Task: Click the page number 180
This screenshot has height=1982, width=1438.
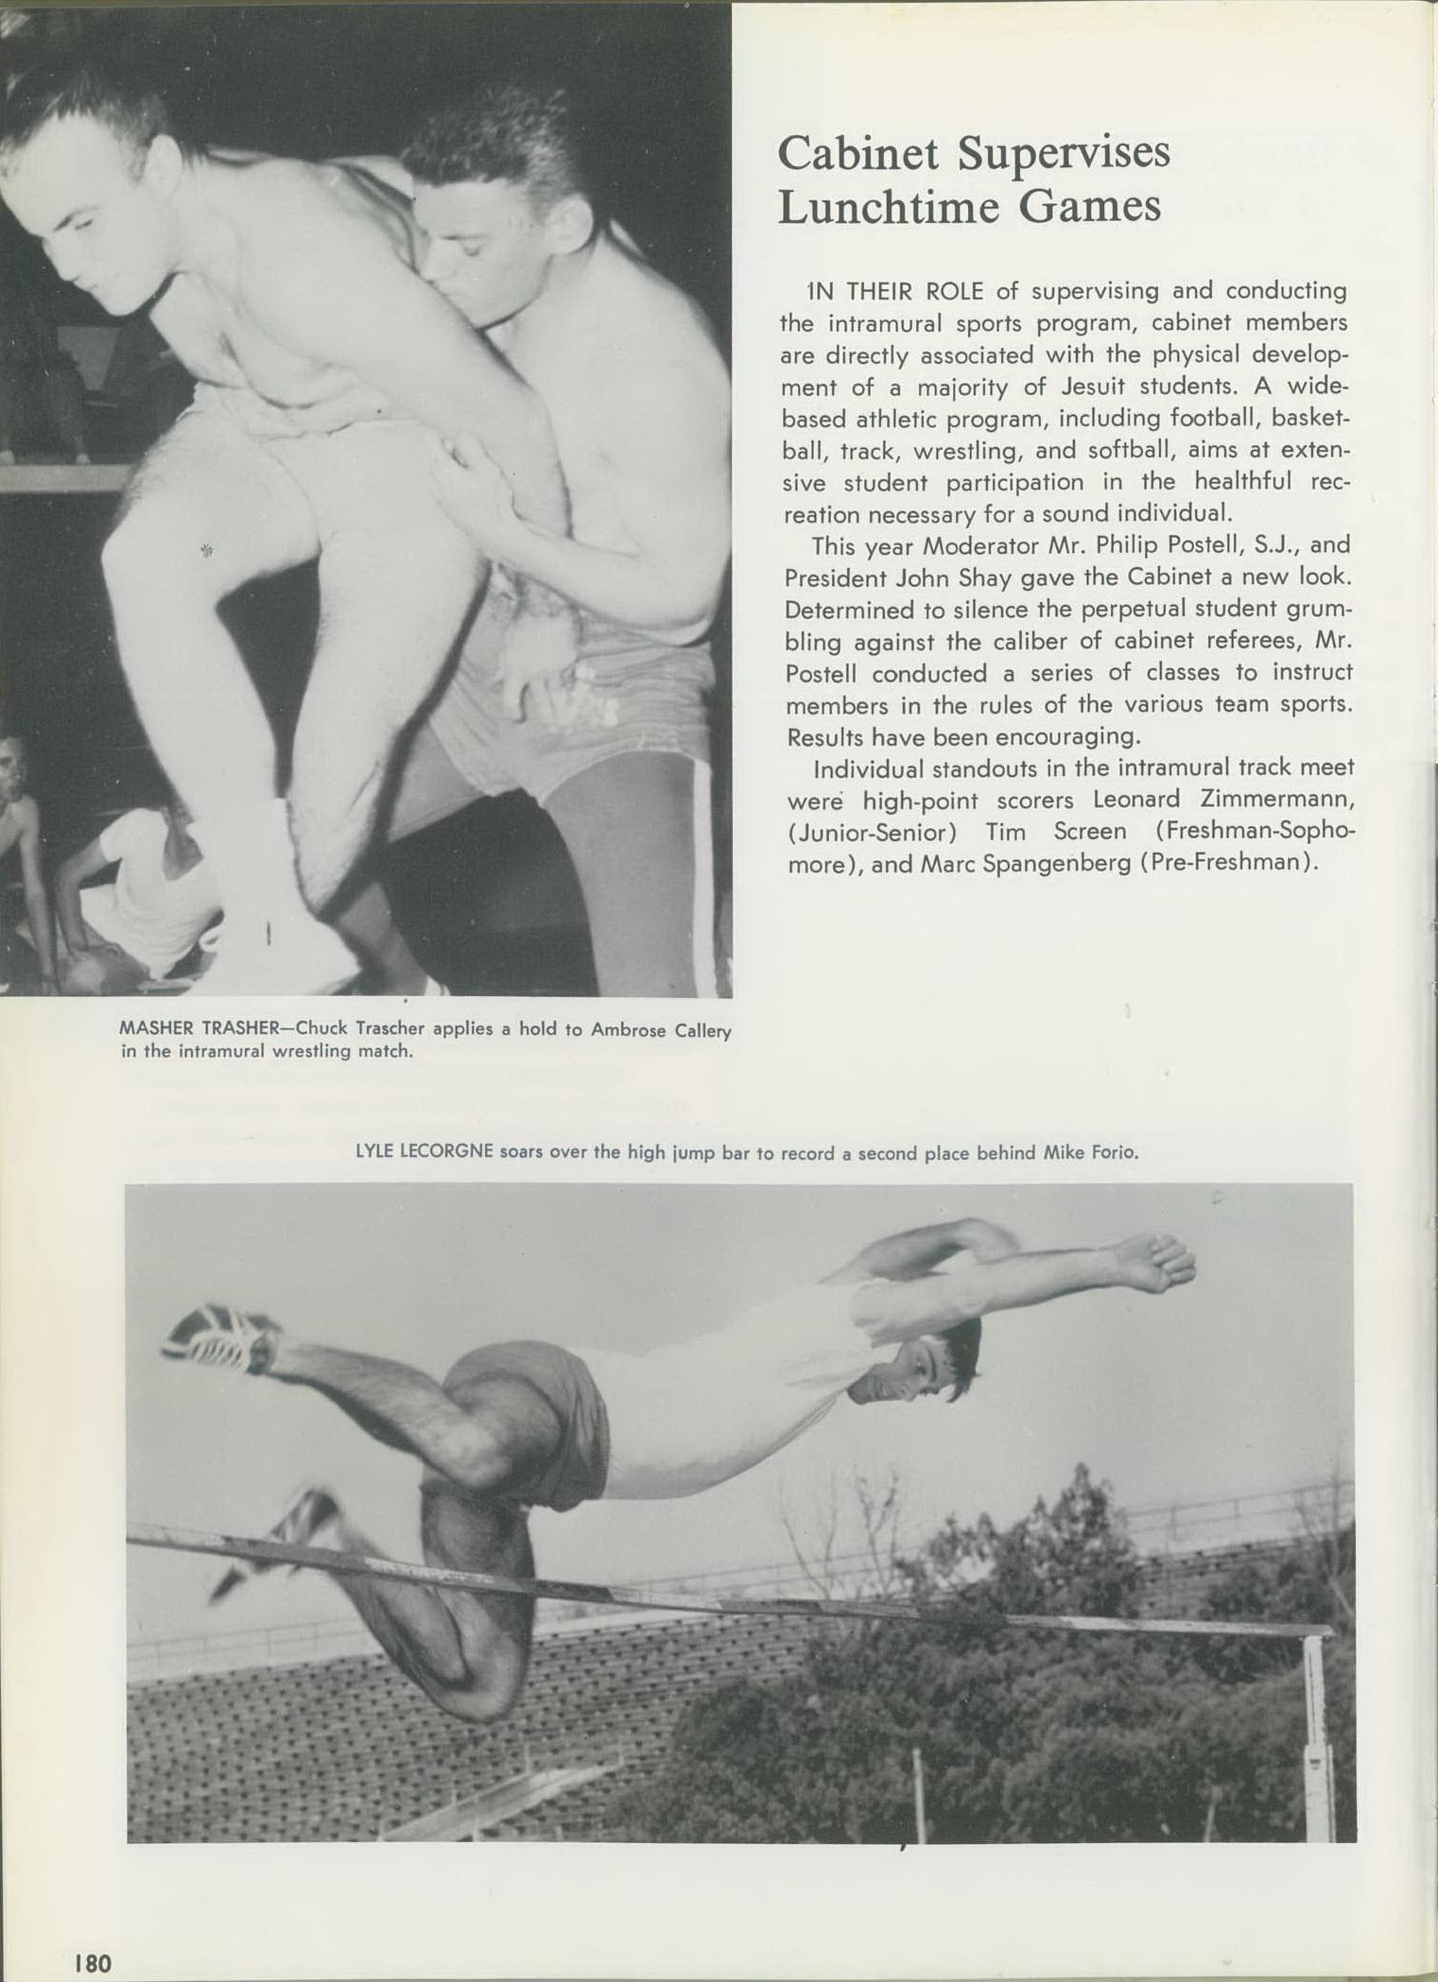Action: pos(93,1962)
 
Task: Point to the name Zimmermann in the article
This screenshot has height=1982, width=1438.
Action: pos(1277,799)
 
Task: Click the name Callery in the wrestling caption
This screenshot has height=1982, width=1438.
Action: pos(702,1030)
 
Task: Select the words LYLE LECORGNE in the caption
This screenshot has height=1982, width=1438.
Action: pos(424,1152)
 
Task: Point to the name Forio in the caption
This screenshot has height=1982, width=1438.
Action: pos(1115,1153)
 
